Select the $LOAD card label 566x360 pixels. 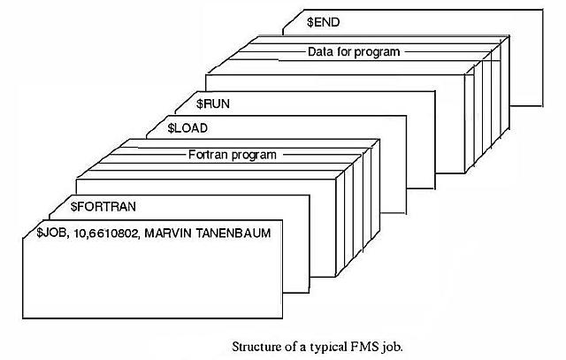[188, 128]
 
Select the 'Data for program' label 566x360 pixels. [354, 51]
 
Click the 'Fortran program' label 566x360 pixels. [233, 154]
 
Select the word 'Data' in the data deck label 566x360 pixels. [319, 51]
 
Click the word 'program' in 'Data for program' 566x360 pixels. [379, 51]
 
